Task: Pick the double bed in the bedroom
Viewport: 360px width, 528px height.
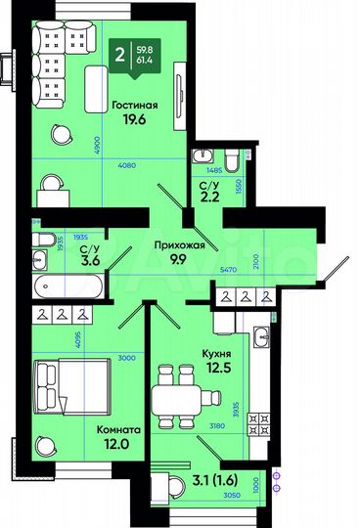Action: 69,387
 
